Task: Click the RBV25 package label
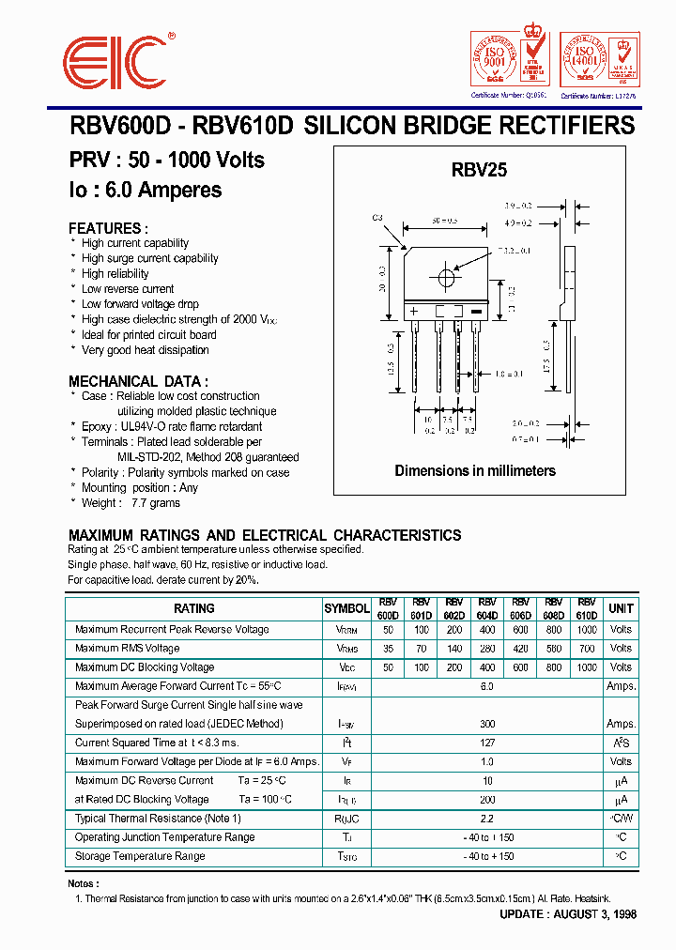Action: tap(479, 170)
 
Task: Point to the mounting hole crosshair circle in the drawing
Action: tap(445, 279)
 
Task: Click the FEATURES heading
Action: tap(108, 228)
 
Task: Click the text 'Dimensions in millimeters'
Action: tap(475, 470)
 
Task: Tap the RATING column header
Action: tap(194, 608)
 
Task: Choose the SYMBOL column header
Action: tap(346, 608)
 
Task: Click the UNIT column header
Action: tap(621, 608)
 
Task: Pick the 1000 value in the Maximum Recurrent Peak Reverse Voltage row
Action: tap(586, 630)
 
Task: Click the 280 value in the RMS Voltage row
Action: tap(487, 649)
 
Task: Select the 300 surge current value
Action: tap(487, 724)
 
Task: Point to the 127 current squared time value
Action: tap(487, 743)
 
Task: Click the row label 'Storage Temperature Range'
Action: tap(140, 856)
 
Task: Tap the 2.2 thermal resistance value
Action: tap(487, 819)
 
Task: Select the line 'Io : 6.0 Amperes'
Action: tap(146, 190)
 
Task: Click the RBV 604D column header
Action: tap(487, 608)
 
